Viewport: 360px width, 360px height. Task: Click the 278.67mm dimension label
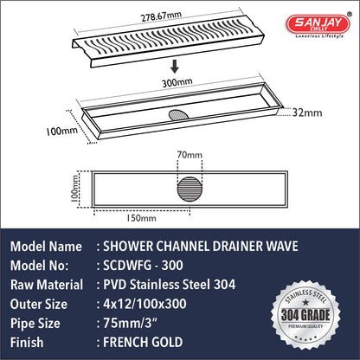[161, 16]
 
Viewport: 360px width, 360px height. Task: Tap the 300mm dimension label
[177, 82]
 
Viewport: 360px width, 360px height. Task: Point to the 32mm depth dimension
[307, 112]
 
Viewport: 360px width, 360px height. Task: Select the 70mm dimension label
[190, 155]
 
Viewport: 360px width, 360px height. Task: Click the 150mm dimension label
[142, 218]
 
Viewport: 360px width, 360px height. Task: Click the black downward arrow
[175, 67]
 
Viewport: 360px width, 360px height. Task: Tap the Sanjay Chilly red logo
[318, 24]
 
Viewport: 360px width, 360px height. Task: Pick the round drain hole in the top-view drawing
[190, 190]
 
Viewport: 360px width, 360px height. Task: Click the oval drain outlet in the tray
[178, 114]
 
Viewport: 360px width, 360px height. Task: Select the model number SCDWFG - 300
[143, 266]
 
